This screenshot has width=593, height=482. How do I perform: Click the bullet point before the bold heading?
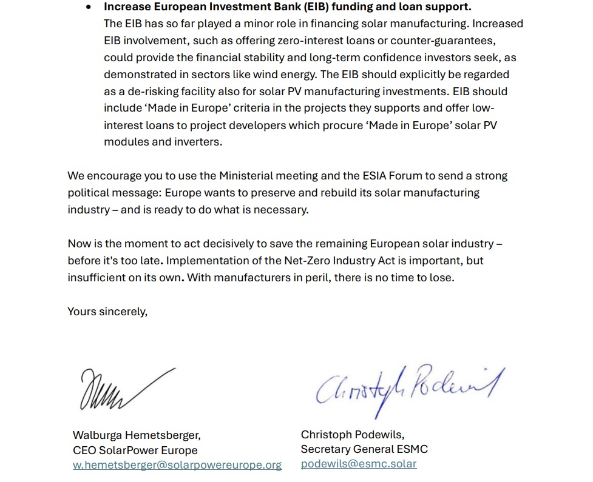click(89, 7)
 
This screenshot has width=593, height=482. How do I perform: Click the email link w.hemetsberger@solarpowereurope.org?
click(177, 465)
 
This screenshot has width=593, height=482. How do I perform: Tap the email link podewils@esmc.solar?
click(359, 464)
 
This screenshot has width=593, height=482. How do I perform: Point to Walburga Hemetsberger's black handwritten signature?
click(124, 388)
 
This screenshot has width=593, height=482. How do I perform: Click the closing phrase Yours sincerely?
click(107, 312)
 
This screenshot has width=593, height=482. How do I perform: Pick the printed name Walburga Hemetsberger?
click(137, 435)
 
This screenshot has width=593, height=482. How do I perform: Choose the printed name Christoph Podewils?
click(353, 435)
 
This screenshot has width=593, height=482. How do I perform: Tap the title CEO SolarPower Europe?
click(135, 450)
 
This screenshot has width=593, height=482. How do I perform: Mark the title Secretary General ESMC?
click(364, 449)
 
